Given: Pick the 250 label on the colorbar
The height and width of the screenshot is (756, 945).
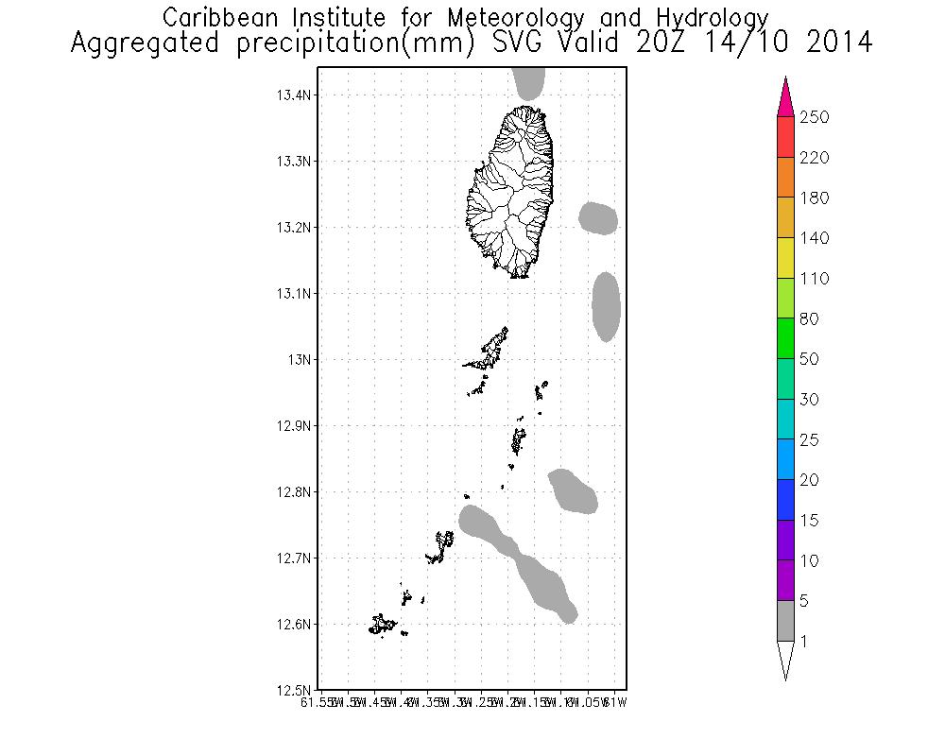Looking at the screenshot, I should point(814,117).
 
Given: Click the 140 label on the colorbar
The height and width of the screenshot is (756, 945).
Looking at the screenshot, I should point(814,238).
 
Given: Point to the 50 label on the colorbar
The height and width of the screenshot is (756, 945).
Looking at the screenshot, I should point(808,359).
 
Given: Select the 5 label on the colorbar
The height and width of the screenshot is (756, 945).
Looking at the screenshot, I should point(804,601).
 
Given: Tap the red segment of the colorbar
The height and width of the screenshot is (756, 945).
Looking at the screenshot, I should point(785,137).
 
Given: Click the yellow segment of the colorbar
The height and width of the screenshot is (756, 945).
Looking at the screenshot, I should point(785,258).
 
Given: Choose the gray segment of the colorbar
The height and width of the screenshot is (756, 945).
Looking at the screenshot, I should point(785,621).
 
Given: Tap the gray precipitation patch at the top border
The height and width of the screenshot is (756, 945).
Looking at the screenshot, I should point(529,83).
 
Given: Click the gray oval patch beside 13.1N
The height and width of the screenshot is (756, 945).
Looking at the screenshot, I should point(606,306).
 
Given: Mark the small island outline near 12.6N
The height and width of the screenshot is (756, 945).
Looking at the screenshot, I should point(383,624).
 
